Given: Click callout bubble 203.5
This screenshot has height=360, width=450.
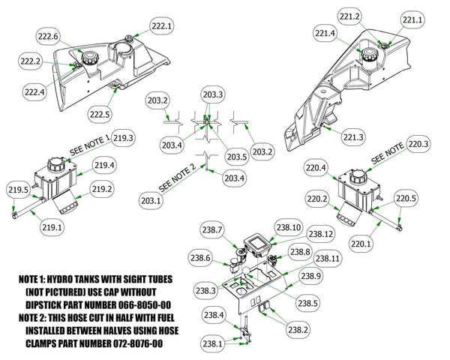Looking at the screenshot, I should (x=215, y=157).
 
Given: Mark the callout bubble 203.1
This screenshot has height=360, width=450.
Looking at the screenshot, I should (x=151, y=200).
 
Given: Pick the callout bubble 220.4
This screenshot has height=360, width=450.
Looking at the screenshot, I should (x=315, y=169).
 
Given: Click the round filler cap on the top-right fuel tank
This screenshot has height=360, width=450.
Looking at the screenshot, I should (x=371, y=54).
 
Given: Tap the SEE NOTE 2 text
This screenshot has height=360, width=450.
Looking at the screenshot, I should (x=179, y=177).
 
